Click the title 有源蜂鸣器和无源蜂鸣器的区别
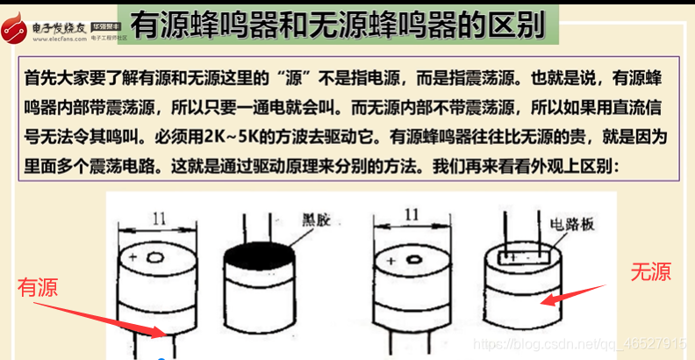pyautogui.click(x=338, y=26)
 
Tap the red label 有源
pyautogui.click(x=37, y=288)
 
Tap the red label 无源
pyautogui.click(x=651, y=271)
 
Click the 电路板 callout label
pyautogui.click(x=571, y=225)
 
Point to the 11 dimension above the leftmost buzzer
pyautogui.click(x=160, y=220)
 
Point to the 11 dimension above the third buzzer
pyautogui.click(x=412, y=214)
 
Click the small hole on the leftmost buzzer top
pyautogui.click(x=154, y=257)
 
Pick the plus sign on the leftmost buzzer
pyautogui.click(x=133, y=256)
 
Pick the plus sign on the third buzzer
pyautogui.click(x=390, y=261)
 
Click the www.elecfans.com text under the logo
pyautogui.click(x=60, y=39)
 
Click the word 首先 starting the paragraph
pyautogui.click(x=39, y=80)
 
